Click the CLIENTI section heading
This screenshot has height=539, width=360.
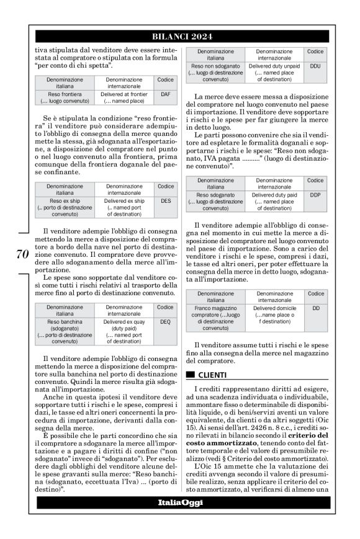click(x=212, y=375)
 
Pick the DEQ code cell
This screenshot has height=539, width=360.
click(x=165, y=323)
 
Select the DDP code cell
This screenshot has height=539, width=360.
click(x=315, y=194)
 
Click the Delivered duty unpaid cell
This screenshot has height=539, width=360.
click(x=274, y=72)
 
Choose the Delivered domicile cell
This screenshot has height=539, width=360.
click(x=274, y=314)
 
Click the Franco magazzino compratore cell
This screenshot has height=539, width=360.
click(x=215, y=318)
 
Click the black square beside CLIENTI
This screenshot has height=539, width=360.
click(x=191, y=375)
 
